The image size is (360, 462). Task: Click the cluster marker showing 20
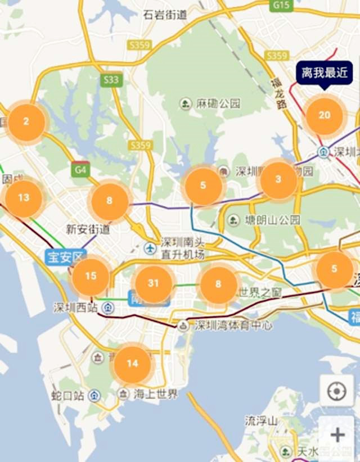click(x=325, y=115)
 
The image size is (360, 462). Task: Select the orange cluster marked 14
click(x=132, y=364)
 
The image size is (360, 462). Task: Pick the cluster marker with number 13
click(x=24, y=198)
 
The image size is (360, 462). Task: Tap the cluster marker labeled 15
click(x=91, y=277)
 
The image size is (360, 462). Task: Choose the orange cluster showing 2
click(x=26, y=122)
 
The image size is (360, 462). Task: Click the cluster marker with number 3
click(x=278, y=180)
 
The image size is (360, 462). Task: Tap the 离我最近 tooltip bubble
click(x=325, y=73)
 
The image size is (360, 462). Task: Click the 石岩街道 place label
click(x=165, y=15)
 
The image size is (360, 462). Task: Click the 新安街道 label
click(x=88, y=229)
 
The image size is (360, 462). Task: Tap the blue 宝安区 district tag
click(x=65, y=257)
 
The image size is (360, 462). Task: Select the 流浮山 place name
click(x=262, y=420)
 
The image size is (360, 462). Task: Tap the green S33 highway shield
click(x=111, y=80)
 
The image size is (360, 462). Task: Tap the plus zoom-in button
click(x=337, y=434)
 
